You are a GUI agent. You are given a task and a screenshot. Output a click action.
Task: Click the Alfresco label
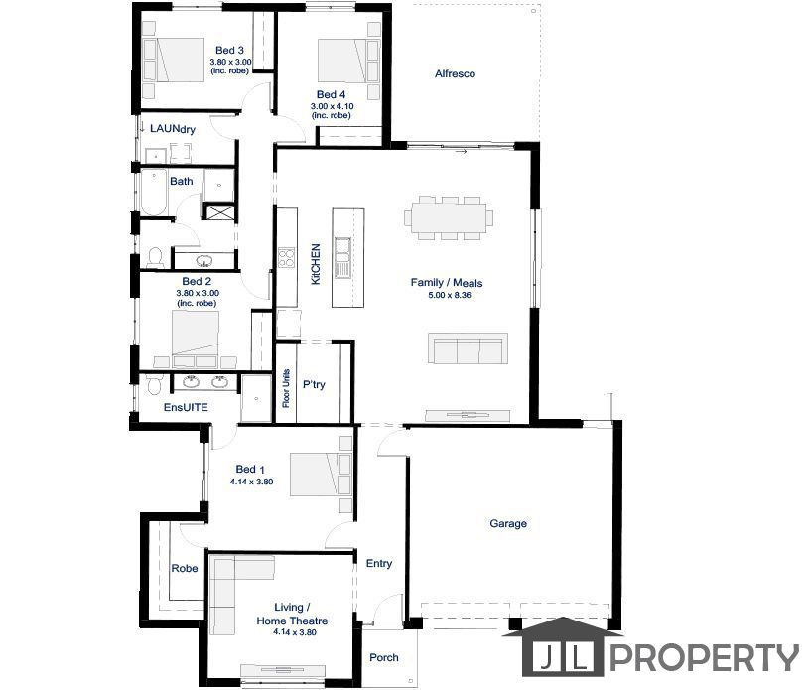[455, 73]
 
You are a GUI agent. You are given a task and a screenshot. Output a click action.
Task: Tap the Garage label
[508, 523]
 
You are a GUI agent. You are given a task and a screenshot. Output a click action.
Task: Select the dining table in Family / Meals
[449, 217]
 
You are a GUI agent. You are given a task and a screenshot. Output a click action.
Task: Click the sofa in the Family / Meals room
[468, 348]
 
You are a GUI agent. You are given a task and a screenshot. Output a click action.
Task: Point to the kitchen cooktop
[286, 257]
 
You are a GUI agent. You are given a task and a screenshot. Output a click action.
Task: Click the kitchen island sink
[342, 257]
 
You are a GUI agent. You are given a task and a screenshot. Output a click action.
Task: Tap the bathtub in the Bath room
[154, 192]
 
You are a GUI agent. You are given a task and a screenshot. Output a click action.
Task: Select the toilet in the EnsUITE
[154, 384]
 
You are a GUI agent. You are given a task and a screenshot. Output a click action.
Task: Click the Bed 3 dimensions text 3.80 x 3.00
[230, 62]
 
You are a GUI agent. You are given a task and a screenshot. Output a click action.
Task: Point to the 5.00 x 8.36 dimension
[450, 295]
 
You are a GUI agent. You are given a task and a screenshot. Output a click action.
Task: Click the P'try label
[314, 384]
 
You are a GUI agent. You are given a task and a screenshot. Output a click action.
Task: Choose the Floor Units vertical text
[286, 388]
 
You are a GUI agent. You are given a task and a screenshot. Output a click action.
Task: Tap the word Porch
[384, 657]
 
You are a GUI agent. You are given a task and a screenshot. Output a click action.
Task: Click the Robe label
[185, 568]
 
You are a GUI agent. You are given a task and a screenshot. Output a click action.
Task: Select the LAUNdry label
[173, 128]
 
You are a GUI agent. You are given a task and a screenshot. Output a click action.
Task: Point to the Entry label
[379, 564]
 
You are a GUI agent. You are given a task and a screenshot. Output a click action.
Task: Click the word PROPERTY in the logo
[707, 658]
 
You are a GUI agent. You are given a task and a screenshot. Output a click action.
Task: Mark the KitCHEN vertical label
[316, 264]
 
